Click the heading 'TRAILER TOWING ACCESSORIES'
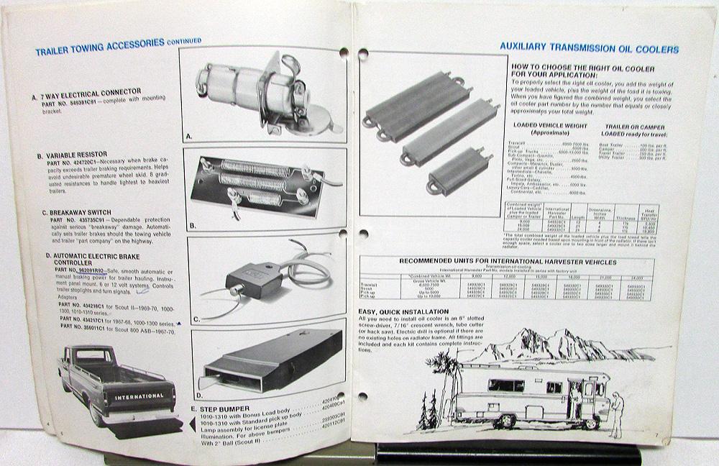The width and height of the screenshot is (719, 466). (101, 51)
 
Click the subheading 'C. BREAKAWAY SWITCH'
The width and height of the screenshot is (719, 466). (75, 213)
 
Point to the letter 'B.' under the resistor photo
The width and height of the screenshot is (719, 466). (193, 225)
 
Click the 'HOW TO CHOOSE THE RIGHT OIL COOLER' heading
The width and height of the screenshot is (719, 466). (582, 68)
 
